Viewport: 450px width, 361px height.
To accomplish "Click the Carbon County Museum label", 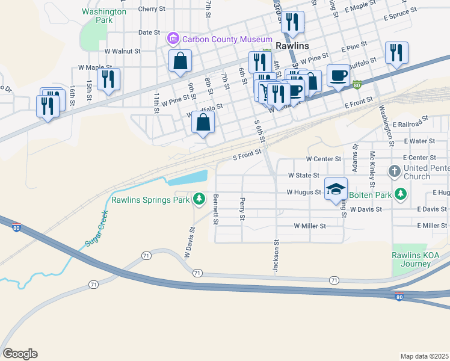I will pos(221,39).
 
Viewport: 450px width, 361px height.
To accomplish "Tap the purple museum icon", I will pos(173,39).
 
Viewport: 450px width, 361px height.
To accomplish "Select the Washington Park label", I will pos(104,16).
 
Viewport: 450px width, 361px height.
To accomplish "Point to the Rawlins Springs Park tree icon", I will pos(199,198).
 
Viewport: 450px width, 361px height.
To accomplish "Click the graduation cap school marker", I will pos(336,189).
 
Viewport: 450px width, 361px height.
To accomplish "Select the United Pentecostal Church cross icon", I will pos(395,171).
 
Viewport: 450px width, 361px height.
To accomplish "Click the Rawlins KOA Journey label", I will pos(415,259).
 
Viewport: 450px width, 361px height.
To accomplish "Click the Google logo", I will pos(20,354).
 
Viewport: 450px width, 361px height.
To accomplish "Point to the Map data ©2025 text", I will pos(424,356).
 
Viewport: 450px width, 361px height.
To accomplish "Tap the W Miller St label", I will pos(309,226).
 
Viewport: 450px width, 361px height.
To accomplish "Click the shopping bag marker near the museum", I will pos(180,61).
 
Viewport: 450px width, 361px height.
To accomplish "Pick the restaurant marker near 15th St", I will pos(108,79).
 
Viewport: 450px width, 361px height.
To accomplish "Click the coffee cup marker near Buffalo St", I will pos(338,75).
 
